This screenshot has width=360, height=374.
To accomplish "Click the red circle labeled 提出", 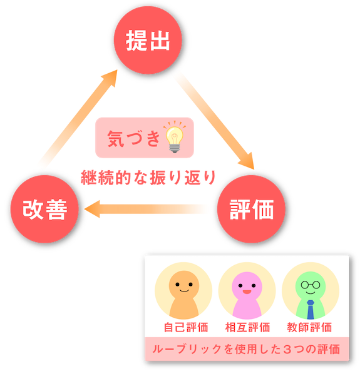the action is [148, 40].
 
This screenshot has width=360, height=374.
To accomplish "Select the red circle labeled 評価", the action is [251, 209].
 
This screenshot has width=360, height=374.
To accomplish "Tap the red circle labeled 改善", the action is [44, 209].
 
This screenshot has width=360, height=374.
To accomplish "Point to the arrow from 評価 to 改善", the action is [146, 209].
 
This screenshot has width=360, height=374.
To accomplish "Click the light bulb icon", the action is [175, 137].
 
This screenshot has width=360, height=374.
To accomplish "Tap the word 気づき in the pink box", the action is [134, 138].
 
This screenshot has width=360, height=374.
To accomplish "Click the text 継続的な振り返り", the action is [148, 178].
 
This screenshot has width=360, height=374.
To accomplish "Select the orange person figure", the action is [184, 295].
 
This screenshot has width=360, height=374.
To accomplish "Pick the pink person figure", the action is [247, 295].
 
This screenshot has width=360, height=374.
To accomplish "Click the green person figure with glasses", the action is [311, 295].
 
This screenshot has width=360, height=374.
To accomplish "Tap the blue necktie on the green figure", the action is [311, 310].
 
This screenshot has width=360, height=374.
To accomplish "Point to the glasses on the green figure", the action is [311, 285].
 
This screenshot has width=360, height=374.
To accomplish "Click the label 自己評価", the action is [186, 327].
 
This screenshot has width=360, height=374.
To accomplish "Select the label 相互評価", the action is [247, 327].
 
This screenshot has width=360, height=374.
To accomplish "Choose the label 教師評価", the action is [309, 327].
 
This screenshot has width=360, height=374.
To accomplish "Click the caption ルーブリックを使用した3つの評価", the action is [246, 349].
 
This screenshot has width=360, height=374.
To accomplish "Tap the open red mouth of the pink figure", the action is [247, 292].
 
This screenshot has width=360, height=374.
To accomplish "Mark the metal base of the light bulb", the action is [175, 148].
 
